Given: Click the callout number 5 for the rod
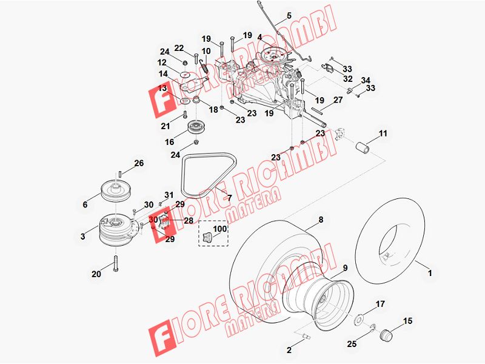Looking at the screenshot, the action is click(x=289, y=16).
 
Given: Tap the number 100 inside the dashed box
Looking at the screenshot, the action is click(x=220, y=229).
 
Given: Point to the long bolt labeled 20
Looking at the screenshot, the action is click(x=116, y=264).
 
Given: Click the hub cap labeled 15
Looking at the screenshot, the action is click(x=386, y=335).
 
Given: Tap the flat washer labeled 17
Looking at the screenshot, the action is click(x=359, y=319).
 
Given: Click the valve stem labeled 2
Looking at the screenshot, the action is click(x=305, y=336).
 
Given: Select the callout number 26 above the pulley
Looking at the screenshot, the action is click(x=139, y=163).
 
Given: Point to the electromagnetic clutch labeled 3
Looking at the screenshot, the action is click(x=116, y=230).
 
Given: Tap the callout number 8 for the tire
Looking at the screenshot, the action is click(x=321, y=220).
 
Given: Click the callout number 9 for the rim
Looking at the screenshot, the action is click(x=345, y=268).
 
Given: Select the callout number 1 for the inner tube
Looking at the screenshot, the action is click(x=430, y=273).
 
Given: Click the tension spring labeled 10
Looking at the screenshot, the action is click(x=204, y=67).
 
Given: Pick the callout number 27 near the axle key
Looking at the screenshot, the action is click(x=338, y=100).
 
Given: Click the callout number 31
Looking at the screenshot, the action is click(x=169, y=195).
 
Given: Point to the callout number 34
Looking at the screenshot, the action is click(x=366, y=81).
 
